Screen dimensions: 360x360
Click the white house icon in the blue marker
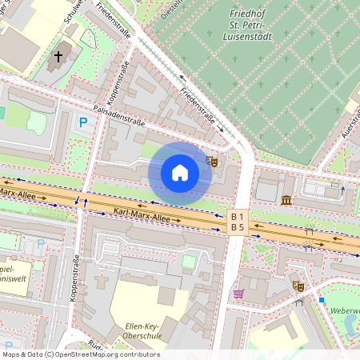click(179, 173)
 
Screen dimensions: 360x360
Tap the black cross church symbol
click(58, 58)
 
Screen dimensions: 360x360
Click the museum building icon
click(287, 198)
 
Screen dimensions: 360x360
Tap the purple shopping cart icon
click(238, 294)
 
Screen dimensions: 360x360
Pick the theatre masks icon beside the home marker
click(212, 162)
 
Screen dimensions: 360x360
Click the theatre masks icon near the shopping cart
click(298, 285)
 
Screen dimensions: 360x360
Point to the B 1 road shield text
click(238, 217)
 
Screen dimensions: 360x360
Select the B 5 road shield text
click(238, 228)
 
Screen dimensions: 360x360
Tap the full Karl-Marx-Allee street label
click(142, 216)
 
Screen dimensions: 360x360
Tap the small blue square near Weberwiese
click(322, 299)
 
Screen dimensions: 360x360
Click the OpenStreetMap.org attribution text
click(77, 354)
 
